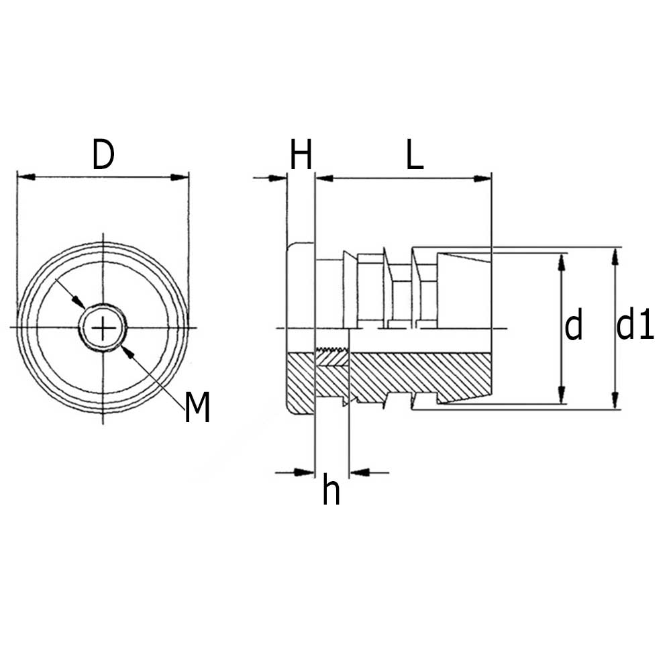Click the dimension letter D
click(103, 154)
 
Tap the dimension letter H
click(301, 154)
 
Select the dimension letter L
click(414, 154)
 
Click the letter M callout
click(197, 407)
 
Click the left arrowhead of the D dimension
click(26, 176)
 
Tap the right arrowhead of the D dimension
click(179, 176)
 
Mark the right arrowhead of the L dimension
click(482, 178)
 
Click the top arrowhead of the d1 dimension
click(615, 257)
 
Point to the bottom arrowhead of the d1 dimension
click(615, 400)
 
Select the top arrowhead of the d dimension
click(562, 262)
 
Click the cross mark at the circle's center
click(103, 328)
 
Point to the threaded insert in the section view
click(333, 358)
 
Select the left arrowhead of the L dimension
click(324, 178)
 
